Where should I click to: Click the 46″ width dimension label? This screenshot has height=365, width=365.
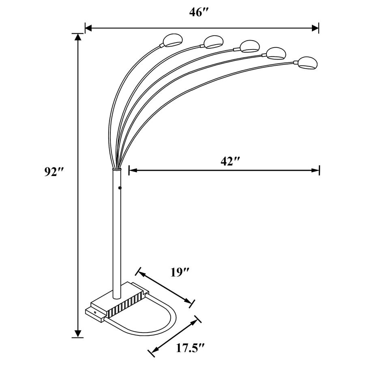[x=198, y=13]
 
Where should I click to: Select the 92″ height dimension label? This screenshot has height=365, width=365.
[x=55, y=172]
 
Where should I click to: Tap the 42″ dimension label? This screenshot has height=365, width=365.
[x=230, y=161]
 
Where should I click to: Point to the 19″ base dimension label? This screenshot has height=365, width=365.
[x=180, y=272]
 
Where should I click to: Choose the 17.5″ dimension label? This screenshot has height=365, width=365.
[x=189, y=348]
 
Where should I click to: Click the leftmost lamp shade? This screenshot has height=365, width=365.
[x=173, y=40]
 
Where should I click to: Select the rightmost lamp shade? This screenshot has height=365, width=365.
[x=307, y=63]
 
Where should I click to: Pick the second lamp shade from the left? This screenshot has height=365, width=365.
[x=213, y=42]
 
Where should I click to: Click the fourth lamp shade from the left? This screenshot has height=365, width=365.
[x=277, y=53]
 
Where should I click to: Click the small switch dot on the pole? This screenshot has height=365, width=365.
[x=120, y=188]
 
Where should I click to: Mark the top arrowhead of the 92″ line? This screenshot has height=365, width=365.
[x=77, y=37]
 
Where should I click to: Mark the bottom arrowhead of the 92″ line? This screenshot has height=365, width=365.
[x=77, y=333]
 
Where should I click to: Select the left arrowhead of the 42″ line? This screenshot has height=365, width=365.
[x=132, y=170]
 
